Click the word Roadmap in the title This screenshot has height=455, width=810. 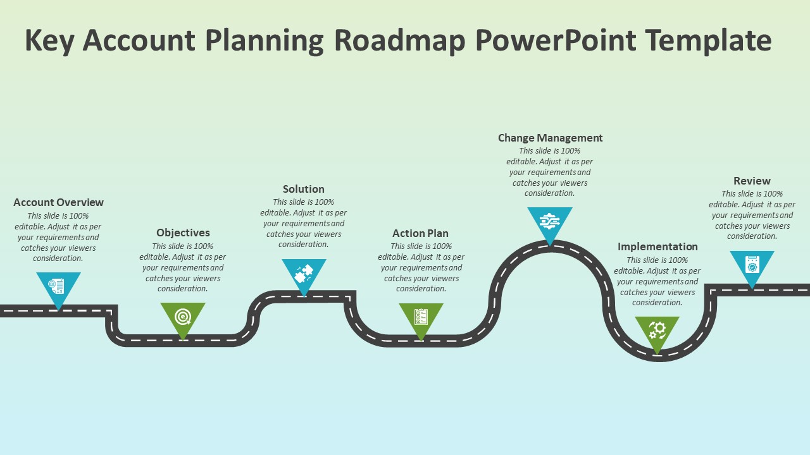400,40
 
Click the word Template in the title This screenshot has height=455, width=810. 708,40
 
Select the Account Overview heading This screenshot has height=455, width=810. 58,202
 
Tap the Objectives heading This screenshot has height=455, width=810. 183,233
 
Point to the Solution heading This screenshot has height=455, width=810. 304,189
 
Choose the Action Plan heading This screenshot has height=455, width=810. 420,233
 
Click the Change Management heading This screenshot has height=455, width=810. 550,138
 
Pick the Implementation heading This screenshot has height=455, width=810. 657,246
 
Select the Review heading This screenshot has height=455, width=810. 752,181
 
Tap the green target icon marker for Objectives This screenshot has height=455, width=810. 183,316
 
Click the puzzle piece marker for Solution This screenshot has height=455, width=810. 304,273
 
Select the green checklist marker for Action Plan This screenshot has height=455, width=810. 421,317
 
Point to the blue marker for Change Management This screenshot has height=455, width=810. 550,222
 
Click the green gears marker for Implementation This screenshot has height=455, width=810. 657,330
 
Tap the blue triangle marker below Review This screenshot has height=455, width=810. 752,265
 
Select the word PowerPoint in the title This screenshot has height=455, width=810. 556,40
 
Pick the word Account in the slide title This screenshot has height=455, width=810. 139,40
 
